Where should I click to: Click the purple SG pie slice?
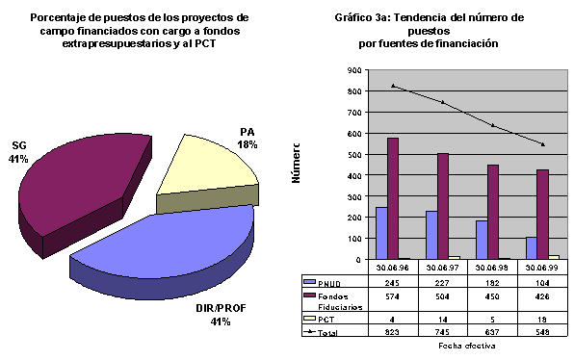click(x=82, y=178)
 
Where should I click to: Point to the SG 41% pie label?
click(x=18, y=151)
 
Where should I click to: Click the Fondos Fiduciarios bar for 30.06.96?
click(x=392, y=198)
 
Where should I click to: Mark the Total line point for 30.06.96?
click(x=392, y=86)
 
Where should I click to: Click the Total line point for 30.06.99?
click(x=542, y=144)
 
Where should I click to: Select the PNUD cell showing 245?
click(x=392, y=283)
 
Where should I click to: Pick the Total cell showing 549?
click(x=542, y=331)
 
